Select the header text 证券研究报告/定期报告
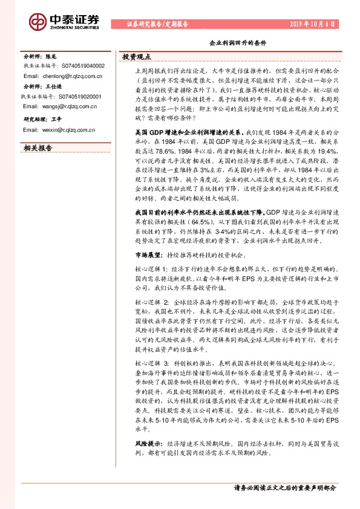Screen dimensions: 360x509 (x=157, y=25)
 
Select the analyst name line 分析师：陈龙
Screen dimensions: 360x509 (x=40, y=56)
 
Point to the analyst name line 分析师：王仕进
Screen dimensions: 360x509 (x=43, y=87)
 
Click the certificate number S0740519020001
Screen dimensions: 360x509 (x=79, y=96)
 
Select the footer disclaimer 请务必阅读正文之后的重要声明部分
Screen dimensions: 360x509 (x=284, y=487)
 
